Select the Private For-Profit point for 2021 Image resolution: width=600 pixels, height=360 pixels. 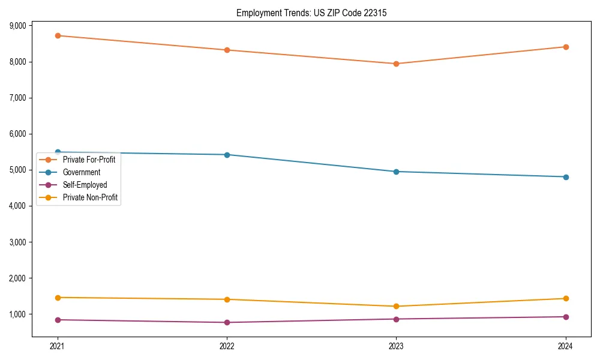click(x=58, y=35)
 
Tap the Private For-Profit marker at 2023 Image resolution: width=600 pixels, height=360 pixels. click(x=396, y=64)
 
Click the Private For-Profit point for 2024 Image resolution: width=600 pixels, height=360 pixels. click(x=566, y=47)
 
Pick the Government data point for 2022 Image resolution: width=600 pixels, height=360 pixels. click(x=227, y=155)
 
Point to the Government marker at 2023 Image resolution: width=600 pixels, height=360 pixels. click(x=396, y=172)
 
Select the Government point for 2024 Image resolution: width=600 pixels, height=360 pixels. click(x=566, y=177)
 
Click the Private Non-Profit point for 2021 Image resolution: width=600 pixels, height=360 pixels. click(x=58, y=298)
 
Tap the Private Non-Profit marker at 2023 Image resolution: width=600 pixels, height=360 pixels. click(x=396, y=307)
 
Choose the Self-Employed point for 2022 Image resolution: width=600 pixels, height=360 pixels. click(x=227, y=323)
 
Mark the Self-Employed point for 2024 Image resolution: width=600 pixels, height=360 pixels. click(x=566, y=317)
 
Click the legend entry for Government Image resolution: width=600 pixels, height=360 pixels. click(x=82, y=172)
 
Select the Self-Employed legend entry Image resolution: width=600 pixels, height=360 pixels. click(x=85, y=185)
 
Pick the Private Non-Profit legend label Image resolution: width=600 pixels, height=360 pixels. click(x=90, y=197)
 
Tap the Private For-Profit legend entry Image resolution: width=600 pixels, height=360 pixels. click(x=89, y=160)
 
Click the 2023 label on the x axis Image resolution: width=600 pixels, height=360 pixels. click(x=396, y=346)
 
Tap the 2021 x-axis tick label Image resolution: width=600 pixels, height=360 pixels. click(x=58, y=346)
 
